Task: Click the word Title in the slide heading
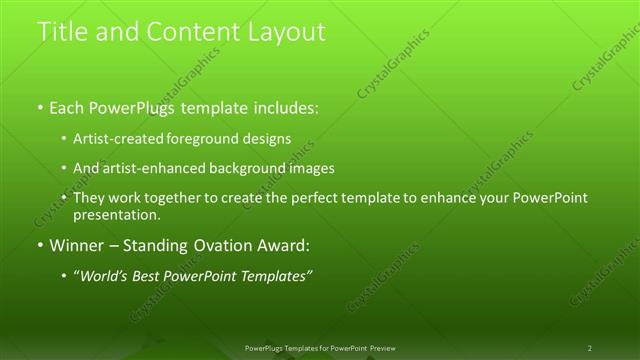pos(61,32)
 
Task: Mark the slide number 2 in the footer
pos(590,348)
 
